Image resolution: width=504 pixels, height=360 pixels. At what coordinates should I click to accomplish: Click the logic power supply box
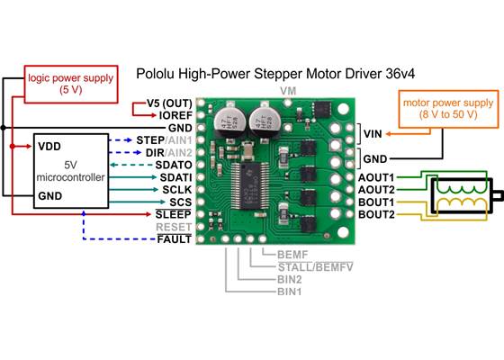click(70, 84)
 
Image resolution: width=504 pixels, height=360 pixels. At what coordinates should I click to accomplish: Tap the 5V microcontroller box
click(70, 172)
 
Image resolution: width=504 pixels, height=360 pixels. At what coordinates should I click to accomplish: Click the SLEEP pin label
click(173, 215)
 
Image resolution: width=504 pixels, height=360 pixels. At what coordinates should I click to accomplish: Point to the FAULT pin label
click(174, 240)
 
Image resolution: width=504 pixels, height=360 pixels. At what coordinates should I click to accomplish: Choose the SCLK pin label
click(175, 190)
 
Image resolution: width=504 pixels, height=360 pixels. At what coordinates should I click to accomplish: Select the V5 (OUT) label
click(167, 103)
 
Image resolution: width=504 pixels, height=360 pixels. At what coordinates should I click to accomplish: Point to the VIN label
click(373, 134)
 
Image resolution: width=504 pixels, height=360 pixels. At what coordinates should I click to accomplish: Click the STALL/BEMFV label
click(302, 267)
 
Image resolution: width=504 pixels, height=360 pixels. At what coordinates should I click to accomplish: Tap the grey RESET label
click(174, 228)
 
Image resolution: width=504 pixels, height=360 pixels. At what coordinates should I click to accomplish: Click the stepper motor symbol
click(463, 196)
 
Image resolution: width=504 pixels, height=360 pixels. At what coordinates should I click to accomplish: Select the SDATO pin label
click(172, 166)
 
